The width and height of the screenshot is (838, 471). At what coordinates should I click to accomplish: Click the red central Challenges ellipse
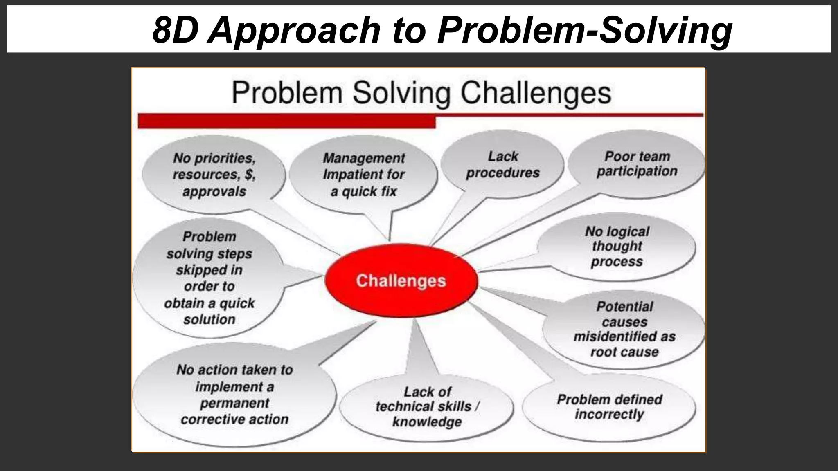point(401,280)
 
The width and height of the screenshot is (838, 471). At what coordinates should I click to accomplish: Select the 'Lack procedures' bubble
point(502,164)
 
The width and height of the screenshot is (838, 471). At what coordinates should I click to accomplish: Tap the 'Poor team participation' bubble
point(637,164)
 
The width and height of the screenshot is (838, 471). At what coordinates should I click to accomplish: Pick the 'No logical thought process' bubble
point(617,247)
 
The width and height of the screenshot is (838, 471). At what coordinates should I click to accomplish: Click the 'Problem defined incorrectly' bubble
point(609,407)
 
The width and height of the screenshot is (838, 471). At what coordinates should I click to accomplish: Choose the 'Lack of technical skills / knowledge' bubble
point(427,407)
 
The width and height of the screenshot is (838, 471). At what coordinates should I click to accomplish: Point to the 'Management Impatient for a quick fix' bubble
point(363,175)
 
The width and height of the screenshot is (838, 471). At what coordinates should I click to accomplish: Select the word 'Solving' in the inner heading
point(402,93)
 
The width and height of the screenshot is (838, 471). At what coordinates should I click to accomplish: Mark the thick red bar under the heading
point(286,121)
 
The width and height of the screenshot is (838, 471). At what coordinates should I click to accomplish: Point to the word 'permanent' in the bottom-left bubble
point(234,403)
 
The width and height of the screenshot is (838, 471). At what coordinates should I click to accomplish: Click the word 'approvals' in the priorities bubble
point(214,191)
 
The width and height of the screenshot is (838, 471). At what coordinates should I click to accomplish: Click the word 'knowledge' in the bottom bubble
point(427,422)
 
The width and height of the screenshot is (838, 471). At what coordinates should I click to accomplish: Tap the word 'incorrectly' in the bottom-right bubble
point(609,415)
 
